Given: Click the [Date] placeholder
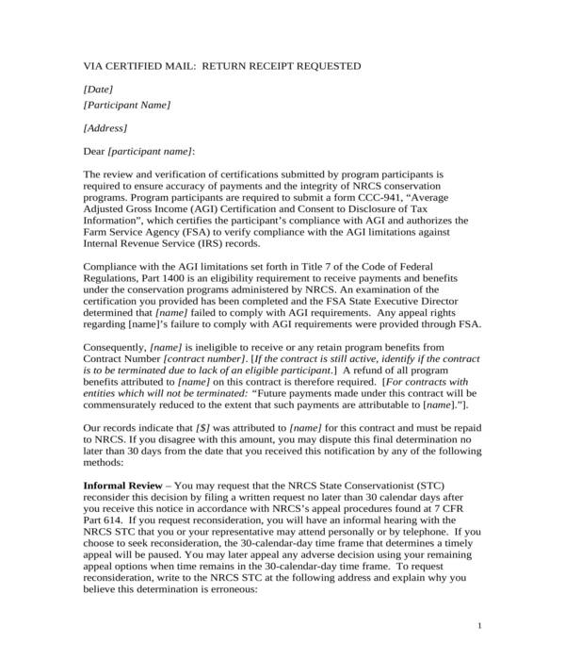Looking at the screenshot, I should tap(98, 89).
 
